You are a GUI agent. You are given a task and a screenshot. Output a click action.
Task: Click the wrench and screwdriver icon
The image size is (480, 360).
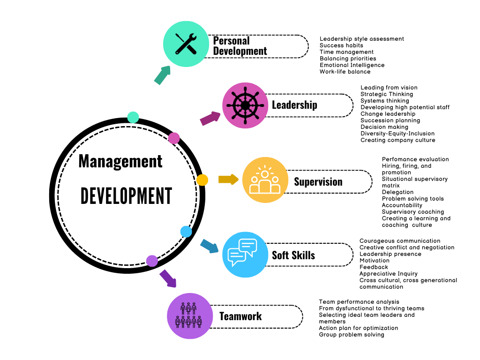[x=186, y=44]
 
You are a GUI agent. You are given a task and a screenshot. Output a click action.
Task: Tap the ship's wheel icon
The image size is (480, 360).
[x=245, y=105]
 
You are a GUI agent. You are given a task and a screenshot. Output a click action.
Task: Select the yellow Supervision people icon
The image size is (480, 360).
[x=265, y=180]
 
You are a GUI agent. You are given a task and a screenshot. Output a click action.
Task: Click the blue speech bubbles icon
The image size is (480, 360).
[x=244, y=255]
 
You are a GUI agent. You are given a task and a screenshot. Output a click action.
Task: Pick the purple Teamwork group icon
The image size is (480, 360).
[x=189, y=315]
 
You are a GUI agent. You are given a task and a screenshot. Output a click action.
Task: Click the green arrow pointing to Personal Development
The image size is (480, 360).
[x=162, y=75]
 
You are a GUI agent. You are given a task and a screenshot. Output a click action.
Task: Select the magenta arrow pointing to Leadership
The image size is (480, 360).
[x=210, y=118]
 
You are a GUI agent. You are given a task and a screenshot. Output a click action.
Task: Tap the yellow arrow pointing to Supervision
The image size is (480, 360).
[x=228, y=179]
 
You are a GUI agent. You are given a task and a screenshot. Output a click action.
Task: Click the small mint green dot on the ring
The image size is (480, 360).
[x=133, y=117]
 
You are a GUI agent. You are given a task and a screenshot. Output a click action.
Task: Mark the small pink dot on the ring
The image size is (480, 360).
[x=174, y=138]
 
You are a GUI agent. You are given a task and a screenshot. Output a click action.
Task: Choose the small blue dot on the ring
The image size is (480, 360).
[x=186, y=231]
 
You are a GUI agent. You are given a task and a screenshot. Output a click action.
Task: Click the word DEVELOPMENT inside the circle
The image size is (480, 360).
[x=126, y=195]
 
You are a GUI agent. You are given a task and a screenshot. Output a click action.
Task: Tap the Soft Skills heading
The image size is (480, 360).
[x=293, y=255]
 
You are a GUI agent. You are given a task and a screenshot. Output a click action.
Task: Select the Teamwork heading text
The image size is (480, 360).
[x=240, y=316]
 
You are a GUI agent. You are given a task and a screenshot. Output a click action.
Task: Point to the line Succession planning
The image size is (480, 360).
[x=390, y=120]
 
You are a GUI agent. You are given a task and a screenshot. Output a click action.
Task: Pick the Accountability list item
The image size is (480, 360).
[x=402, y=205]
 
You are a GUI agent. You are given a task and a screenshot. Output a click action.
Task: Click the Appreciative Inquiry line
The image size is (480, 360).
[x=388, y=274]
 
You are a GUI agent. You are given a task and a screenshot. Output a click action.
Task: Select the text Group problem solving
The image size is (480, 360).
[x=351, y=335]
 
